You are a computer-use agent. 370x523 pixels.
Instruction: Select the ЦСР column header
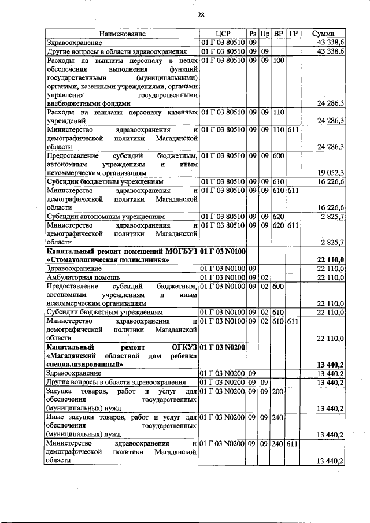tap(223, 34)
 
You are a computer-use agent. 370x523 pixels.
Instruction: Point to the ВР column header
tap(279, 34)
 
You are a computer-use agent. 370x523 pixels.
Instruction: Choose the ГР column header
tap(293, 34)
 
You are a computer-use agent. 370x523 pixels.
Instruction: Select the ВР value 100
tap(278, 61)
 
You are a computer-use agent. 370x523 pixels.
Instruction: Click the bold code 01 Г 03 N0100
tap(223, 251)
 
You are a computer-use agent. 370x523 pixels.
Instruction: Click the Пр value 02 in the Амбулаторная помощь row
tap(265, 278)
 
